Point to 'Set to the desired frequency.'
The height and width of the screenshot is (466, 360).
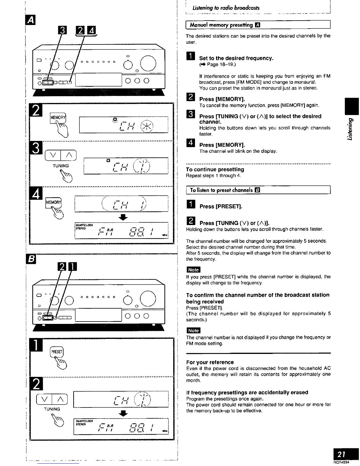236,58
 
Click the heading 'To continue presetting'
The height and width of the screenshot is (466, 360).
215,169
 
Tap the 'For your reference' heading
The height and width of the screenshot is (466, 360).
210,362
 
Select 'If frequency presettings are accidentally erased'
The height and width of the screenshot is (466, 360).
247,392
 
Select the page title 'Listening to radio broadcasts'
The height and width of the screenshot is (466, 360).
226,8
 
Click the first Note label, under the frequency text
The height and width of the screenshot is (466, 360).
193,270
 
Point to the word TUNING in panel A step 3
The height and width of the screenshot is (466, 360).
61,166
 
